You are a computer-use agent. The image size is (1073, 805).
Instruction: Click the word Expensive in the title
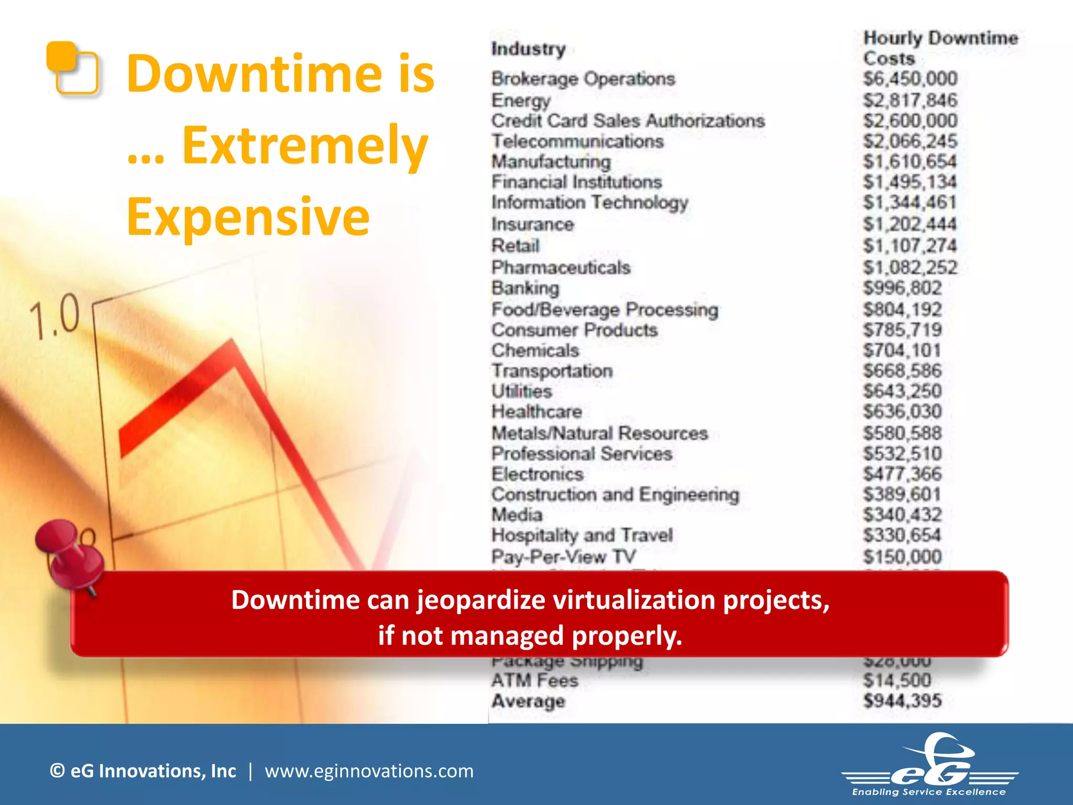[x=248, y=217]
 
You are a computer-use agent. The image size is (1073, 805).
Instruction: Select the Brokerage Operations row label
[x=583, y=79]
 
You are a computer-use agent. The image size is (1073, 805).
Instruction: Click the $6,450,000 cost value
[x=910, y=79]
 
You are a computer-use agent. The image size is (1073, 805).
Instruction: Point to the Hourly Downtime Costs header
[x=940, y=48]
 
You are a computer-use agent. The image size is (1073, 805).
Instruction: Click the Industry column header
[x=528, y=49]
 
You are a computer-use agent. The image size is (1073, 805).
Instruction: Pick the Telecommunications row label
[x=577, y=142]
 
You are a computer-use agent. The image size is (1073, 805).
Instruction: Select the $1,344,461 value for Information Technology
[x=910, y=203]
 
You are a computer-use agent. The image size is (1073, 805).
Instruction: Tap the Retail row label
[x=515, y=246]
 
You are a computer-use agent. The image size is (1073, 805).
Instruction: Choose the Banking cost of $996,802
[x=902, y=288]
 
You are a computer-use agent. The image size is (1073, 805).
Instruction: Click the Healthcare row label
[x=536, y=412]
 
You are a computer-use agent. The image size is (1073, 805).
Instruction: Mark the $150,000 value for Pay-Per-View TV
[x=902, y=557]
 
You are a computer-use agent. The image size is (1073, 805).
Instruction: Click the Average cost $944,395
[x=902, y=701]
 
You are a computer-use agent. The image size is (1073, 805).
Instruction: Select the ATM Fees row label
[x=534, y=681]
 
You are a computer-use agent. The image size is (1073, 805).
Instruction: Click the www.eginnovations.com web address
[x=369, y=771]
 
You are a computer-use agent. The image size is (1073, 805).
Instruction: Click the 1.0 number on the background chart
[x=54, y=316]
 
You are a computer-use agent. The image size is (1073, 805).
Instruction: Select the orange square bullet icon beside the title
[x=72, y=68]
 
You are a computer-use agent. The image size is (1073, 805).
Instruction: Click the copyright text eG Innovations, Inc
[x=143, y=771]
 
